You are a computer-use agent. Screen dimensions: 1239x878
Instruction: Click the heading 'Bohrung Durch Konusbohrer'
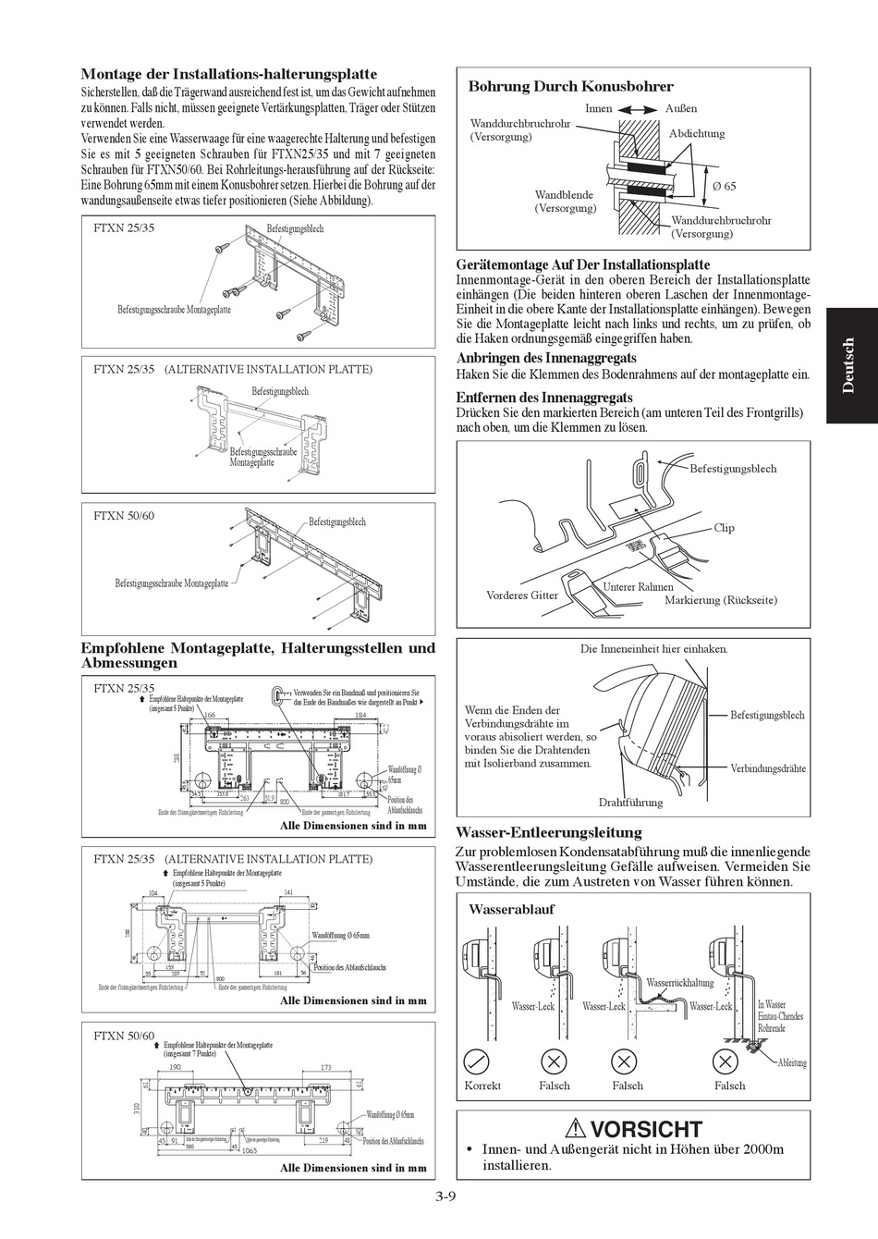click(x=570, y=86)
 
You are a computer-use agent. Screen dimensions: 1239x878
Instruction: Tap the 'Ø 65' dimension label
click(x=724, y=187)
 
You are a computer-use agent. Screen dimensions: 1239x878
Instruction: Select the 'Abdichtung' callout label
click(x=696, y=133)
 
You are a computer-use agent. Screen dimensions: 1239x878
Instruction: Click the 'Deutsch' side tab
click(x=849, y=366)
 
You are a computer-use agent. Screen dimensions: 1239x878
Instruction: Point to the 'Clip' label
click(x=724, y=528)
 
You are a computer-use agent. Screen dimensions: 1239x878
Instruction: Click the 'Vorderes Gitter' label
click(x=522, y=595)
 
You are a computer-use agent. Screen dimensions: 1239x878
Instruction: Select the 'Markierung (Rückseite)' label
click(x=721, y=600)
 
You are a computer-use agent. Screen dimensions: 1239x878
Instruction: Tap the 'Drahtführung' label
click(x=630, y=803)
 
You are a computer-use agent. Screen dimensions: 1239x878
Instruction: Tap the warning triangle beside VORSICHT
click(x=577, y=1128)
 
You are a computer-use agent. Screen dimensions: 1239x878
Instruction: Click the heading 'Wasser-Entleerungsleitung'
click(x=549, y=832)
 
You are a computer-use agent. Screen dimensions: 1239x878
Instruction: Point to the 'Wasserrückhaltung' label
click(x=680, y=983)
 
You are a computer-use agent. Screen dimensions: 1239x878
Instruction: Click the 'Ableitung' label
click(x=792, y=1063)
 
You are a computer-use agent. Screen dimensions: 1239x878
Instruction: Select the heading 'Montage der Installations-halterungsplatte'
click(x=229, y=74)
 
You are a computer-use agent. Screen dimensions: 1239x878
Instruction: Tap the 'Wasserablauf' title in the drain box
click(x=511, y=909)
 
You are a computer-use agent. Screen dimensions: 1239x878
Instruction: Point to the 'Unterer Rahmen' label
click(x=638, y=586)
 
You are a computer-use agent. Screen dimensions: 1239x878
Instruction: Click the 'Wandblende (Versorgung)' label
click(x=564, y=202)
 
